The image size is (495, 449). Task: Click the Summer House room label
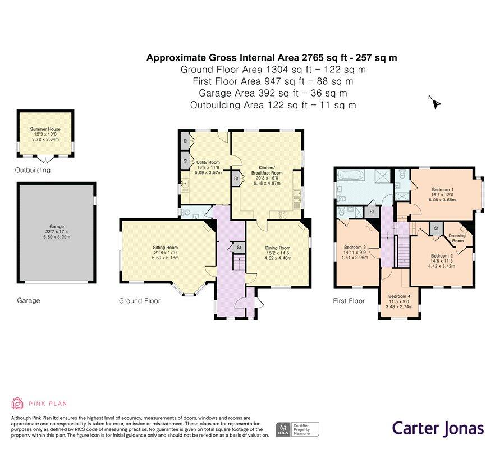click(45, 129)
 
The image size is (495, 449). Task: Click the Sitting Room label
click(165, 248)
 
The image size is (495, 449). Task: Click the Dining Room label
click(277, 248)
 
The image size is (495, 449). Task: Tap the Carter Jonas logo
click(437, 428)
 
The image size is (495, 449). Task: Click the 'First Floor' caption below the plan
click(349, 301)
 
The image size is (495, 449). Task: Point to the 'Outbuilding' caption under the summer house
click(33, 170)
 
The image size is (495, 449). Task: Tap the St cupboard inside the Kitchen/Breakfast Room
click(236, 178)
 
